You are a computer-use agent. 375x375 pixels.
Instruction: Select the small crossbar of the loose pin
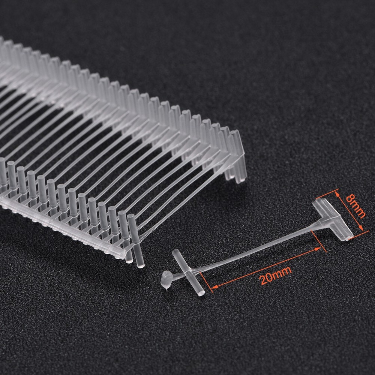pos(188,272)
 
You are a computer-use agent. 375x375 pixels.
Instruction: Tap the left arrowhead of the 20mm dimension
pos(214,286)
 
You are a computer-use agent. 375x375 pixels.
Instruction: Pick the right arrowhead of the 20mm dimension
pos(318,249)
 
